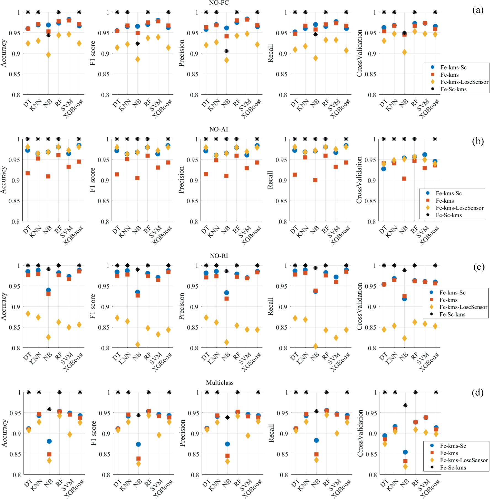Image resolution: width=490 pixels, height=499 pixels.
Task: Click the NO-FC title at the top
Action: [219, 3]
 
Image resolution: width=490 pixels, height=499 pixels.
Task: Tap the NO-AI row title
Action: [219, 129]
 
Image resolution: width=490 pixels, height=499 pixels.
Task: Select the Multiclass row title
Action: [220, 383]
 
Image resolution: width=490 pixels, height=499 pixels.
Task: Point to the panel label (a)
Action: [478, 10]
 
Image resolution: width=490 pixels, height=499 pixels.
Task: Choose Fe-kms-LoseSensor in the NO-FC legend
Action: [464, 82]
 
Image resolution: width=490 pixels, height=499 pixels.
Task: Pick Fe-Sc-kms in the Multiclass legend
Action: [453, 468]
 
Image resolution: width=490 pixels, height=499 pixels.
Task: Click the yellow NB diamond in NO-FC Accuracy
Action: [48, 55]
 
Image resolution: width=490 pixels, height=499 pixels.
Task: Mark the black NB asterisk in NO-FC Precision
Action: [227, 51]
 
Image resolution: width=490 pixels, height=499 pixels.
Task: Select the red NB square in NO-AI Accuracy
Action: [48, 176]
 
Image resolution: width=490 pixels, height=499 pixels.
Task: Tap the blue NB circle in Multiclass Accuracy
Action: [49, 441]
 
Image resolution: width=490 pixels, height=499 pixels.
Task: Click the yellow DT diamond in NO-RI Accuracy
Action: [28, 313]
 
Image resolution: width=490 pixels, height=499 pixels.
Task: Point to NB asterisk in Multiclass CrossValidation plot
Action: [405, 405]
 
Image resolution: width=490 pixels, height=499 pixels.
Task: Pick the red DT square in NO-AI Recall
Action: [295, 175]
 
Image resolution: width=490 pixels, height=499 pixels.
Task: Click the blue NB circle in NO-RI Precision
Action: [227, 293]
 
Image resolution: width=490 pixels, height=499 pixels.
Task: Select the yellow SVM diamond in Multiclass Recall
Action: [337, 433]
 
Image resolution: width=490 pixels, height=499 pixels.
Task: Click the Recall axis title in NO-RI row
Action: [271, 306]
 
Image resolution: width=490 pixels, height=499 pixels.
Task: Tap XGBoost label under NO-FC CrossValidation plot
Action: [429, 109]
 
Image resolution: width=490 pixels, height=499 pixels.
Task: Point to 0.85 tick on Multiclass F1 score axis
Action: [104, 454]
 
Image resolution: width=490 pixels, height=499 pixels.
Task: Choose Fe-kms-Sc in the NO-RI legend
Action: [452, 293]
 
